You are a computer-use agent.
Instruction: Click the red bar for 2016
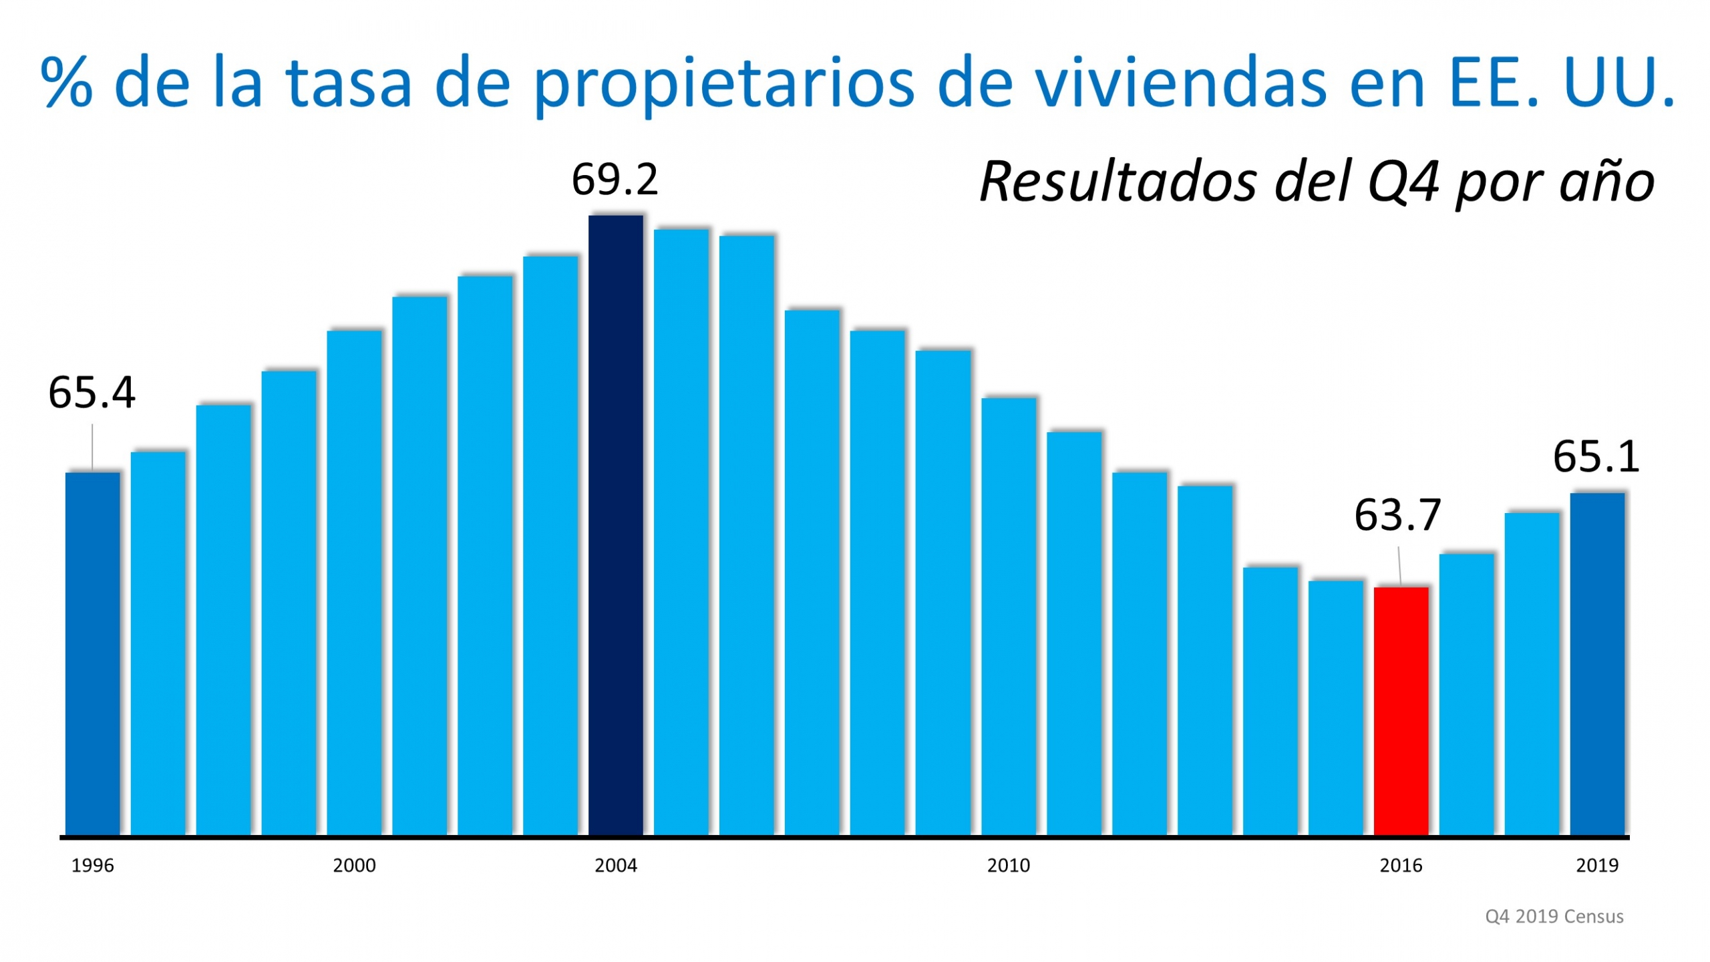click(x=1401, y=711)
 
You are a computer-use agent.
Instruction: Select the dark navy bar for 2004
click(x=615, y=524)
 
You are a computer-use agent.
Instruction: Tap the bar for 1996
click(x=92, y=653)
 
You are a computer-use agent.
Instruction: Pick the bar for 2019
click(x=1596, y=663)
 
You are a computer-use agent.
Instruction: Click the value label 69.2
click(x=615, y=180)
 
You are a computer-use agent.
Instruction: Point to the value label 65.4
click(x=92, y=393)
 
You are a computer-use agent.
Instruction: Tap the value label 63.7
click(x=1397, y=516)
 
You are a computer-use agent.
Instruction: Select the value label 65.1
click(x=1596, y=458)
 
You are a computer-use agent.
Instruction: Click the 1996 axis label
click(x=92, y=866)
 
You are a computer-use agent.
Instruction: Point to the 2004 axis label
click(x=615, y=866)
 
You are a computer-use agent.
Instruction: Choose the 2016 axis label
click(x=1401, y=866)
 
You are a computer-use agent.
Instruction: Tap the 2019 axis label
click(x=1596, y=866)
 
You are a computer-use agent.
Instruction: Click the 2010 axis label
click(x=1008, y=866)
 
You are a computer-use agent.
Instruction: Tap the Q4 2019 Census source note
click(x=1554, y=917)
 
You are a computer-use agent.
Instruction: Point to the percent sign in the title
click(x=66, y=83)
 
